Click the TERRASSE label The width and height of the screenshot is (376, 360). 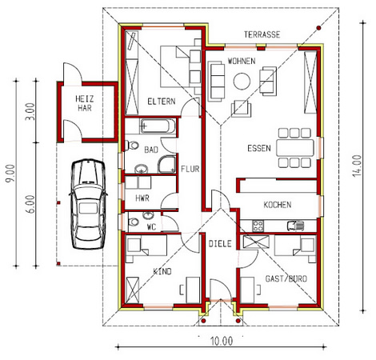tap(262, 34)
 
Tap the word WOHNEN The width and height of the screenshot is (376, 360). tap(242, 61)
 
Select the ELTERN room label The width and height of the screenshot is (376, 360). tap(162, 102)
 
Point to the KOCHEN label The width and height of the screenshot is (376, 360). tap(278, 205)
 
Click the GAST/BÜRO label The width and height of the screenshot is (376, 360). tap(286, 279)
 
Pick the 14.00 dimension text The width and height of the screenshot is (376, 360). tap(357, 166)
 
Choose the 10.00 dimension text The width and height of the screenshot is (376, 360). tap(222, 342)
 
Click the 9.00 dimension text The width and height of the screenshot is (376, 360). tap(10, 174)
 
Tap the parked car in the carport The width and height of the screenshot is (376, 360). tap(88, 204)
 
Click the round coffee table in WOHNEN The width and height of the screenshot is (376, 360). tap(242, 81)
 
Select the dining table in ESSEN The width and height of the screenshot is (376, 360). tap(295, 148)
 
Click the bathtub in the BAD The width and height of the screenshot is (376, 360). tap(158, 126)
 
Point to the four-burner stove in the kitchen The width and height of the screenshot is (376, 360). tap(258, 226)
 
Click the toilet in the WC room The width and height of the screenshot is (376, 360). tap(134, 222)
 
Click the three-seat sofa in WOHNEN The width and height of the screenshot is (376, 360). tap(216, 82)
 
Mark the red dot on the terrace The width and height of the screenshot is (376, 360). tap(318, 28)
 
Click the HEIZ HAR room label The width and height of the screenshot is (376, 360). tap(85, 103)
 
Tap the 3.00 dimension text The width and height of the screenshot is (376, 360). tap(30, 111)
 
